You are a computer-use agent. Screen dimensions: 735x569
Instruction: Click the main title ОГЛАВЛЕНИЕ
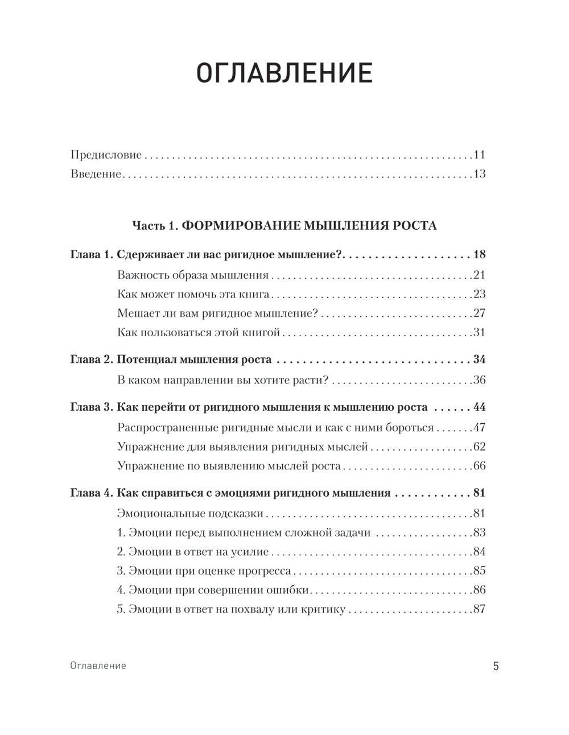pos(284,74)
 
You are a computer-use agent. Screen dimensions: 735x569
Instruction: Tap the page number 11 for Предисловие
pos(479,155)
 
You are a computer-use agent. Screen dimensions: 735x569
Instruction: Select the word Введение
pos(96,174)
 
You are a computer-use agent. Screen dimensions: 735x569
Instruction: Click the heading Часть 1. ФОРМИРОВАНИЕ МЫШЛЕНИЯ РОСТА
pos(284,226)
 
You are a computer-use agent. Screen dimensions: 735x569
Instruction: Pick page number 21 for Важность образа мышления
pos(479,275)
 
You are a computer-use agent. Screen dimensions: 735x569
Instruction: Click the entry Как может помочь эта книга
pos(193,295)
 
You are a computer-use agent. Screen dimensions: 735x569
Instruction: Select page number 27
pos(479,313)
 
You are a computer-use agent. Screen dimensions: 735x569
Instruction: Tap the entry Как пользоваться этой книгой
pos(199,333)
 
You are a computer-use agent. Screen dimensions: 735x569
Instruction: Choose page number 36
pos(479,380)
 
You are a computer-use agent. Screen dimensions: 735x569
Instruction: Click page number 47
pos(479,428)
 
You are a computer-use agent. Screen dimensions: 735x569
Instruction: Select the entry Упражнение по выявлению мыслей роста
pos(229,466)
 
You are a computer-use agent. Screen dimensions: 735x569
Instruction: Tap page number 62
pos(479,447)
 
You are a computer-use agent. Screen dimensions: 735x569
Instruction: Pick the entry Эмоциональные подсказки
pos(190,514)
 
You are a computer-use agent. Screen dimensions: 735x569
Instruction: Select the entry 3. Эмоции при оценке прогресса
pos(204,571)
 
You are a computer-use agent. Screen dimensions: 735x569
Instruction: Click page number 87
pos(479,609)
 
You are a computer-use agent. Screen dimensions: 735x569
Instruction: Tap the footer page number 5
pos(496,666)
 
